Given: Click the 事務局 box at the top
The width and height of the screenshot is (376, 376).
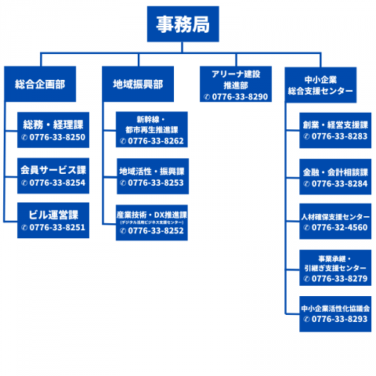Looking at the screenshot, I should point(183,24).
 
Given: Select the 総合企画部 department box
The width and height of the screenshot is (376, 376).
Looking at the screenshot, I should point(40,83).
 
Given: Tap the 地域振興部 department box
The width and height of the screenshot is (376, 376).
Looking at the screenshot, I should point(138,83).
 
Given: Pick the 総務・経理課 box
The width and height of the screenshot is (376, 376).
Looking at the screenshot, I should point(52,131).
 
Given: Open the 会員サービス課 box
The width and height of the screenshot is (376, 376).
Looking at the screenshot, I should point(52,176).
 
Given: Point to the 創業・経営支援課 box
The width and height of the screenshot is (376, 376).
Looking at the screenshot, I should point(335,131).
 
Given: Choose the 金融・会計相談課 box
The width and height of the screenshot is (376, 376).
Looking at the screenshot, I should point(335,177).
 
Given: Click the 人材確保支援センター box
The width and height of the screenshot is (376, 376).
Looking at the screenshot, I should point(335,222).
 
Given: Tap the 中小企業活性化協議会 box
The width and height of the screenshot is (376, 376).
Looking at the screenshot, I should point(335,314).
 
